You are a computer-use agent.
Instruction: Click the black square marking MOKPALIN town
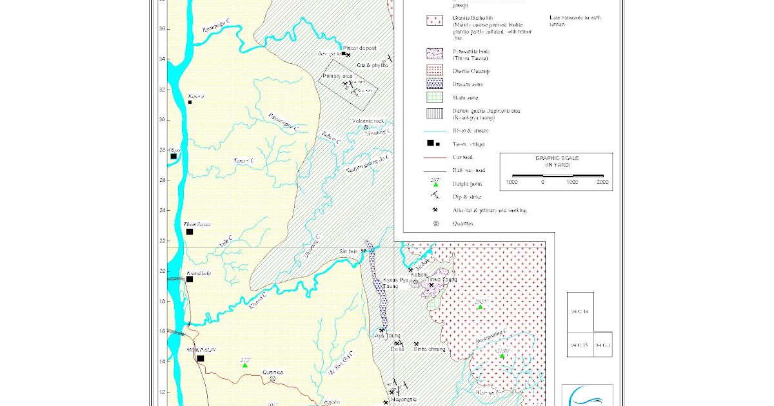[200, 358]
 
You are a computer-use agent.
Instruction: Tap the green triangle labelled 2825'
[480, 307]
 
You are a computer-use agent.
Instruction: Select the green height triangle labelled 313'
[245, 365]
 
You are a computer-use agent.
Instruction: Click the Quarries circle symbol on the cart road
[272, 379]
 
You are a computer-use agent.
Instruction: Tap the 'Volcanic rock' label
[368, 121]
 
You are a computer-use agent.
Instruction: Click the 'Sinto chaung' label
[429, 349]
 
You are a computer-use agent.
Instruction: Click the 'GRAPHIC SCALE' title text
[557, 158]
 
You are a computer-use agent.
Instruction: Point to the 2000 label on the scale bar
[602, 182]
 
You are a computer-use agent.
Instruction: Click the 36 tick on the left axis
[162, 28]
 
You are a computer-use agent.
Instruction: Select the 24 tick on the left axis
[162, 209]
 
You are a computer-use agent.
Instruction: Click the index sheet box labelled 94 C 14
[580, 312]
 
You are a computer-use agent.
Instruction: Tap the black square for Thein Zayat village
[190, 232]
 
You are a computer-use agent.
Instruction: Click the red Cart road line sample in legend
[436, 157]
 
